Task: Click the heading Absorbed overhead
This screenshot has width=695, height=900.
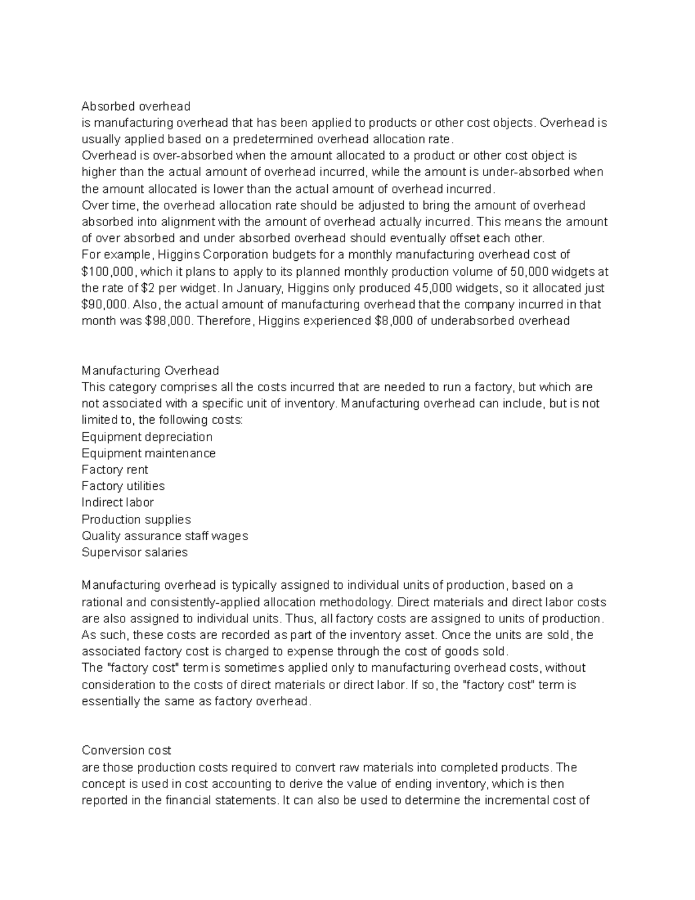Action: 136,106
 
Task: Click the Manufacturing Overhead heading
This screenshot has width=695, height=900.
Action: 151,370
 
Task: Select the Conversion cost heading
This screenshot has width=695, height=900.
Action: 126,750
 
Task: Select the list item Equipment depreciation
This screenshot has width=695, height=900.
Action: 147,436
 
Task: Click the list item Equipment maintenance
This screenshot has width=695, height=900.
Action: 149,453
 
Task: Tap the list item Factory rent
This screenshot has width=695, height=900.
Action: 115,469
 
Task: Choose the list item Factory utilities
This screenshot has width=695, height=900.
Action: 123,486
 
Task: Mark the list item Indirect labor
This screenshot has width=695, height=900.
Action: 118,502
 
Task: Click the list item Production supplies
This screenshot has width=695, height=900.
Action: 136,519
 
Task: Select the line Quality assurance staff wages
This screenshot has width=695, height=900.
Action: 165,536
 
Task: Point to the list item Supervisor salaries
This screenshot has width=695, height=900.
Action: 135,552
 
